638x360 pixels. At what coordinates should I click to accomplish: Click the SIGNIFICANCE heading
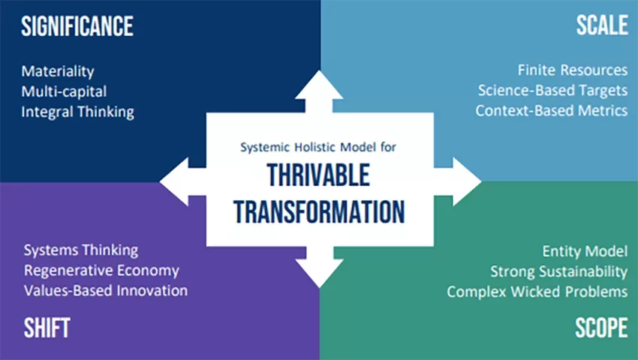77,26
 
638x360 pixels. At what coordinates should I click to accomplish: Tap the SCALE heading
602,25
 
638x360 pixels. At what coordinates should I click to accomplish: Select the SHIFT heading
47,328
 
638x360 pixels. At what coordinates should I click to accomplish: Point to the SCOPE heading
601,328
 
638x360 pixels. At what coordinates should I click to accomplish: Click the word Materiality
58,71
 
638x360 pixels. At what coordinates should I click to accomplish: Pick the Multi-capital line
64,91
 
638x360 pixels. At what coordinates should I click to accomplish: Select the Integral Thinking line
78,112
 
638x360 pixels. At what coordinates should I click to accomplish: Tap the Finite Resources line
573,70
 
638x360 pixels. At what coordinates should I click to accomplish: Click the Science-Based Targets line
552,90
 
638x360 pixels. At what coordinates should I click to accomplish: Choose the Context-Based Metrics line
552,111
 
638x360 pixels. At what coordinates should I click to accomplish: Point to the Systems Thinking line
81,250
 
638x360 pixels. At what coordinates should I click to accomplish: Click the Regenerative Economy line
101,271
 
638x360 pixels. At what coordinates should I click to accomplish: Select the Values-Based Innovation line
106,291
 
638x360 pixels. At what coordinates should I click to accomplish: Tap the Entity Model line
585,251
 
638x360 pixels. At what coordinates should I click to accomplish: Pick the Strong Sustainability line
558,271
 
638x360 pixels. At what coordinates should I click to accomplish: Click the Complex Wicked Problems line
537,292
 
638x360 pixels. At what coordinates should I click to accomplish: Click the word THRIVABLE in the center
318,175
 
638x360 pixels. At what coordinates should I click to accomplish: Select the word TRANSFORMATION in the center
320,212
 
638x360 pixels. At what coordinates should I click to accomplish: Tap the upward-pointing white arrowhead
319,85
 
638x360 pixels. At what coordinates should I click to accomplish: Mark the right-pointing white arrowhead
467,181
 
